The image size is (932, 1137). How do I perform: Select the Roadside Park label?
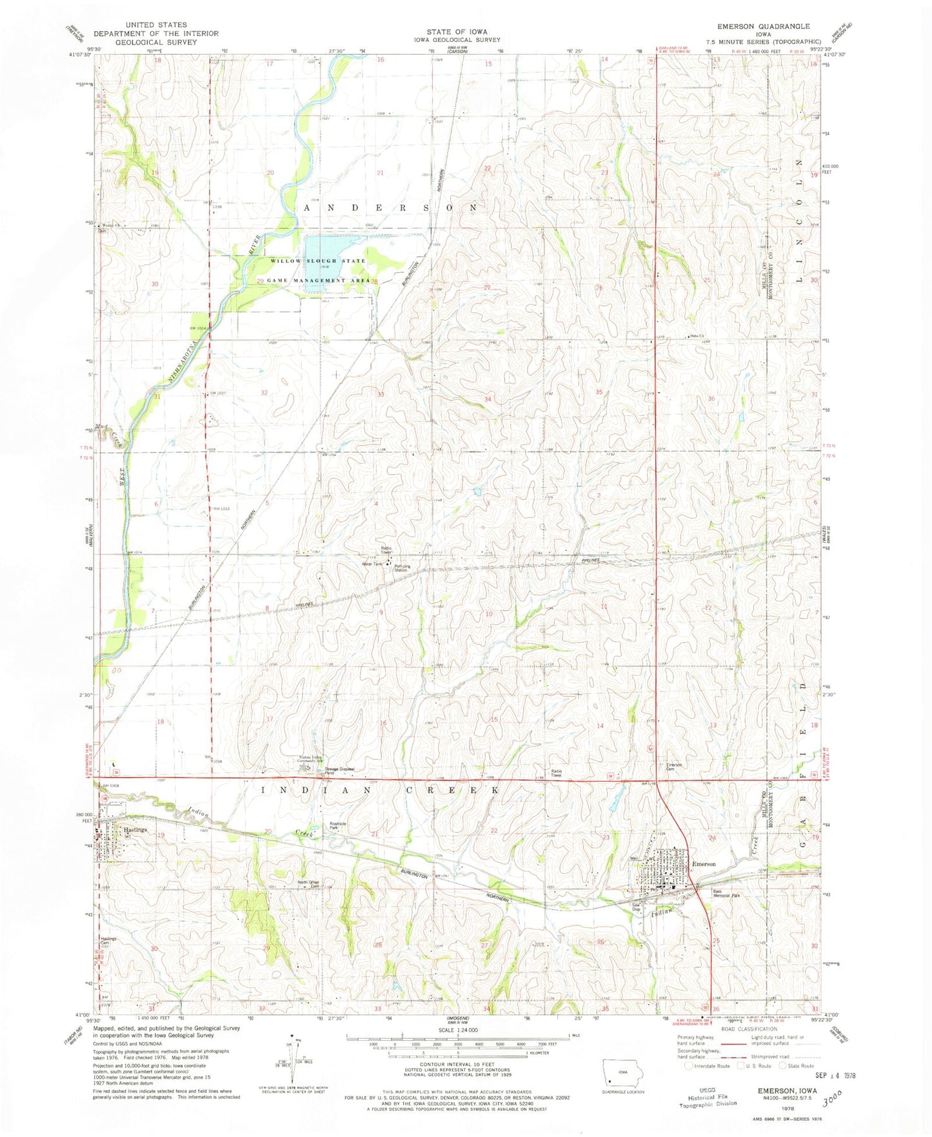click(x=339, y=826)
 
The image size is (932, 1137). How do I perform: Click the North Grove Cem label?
click(x=308, y=884)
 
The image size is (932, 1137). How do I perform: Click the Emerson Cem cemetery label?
click(x=674, y=767)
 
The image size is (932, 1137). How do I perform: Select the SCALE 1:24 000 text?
click(x=455, y=1031)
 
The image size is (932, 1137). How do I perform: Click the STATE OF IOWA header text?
click(x=457, y=31)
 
